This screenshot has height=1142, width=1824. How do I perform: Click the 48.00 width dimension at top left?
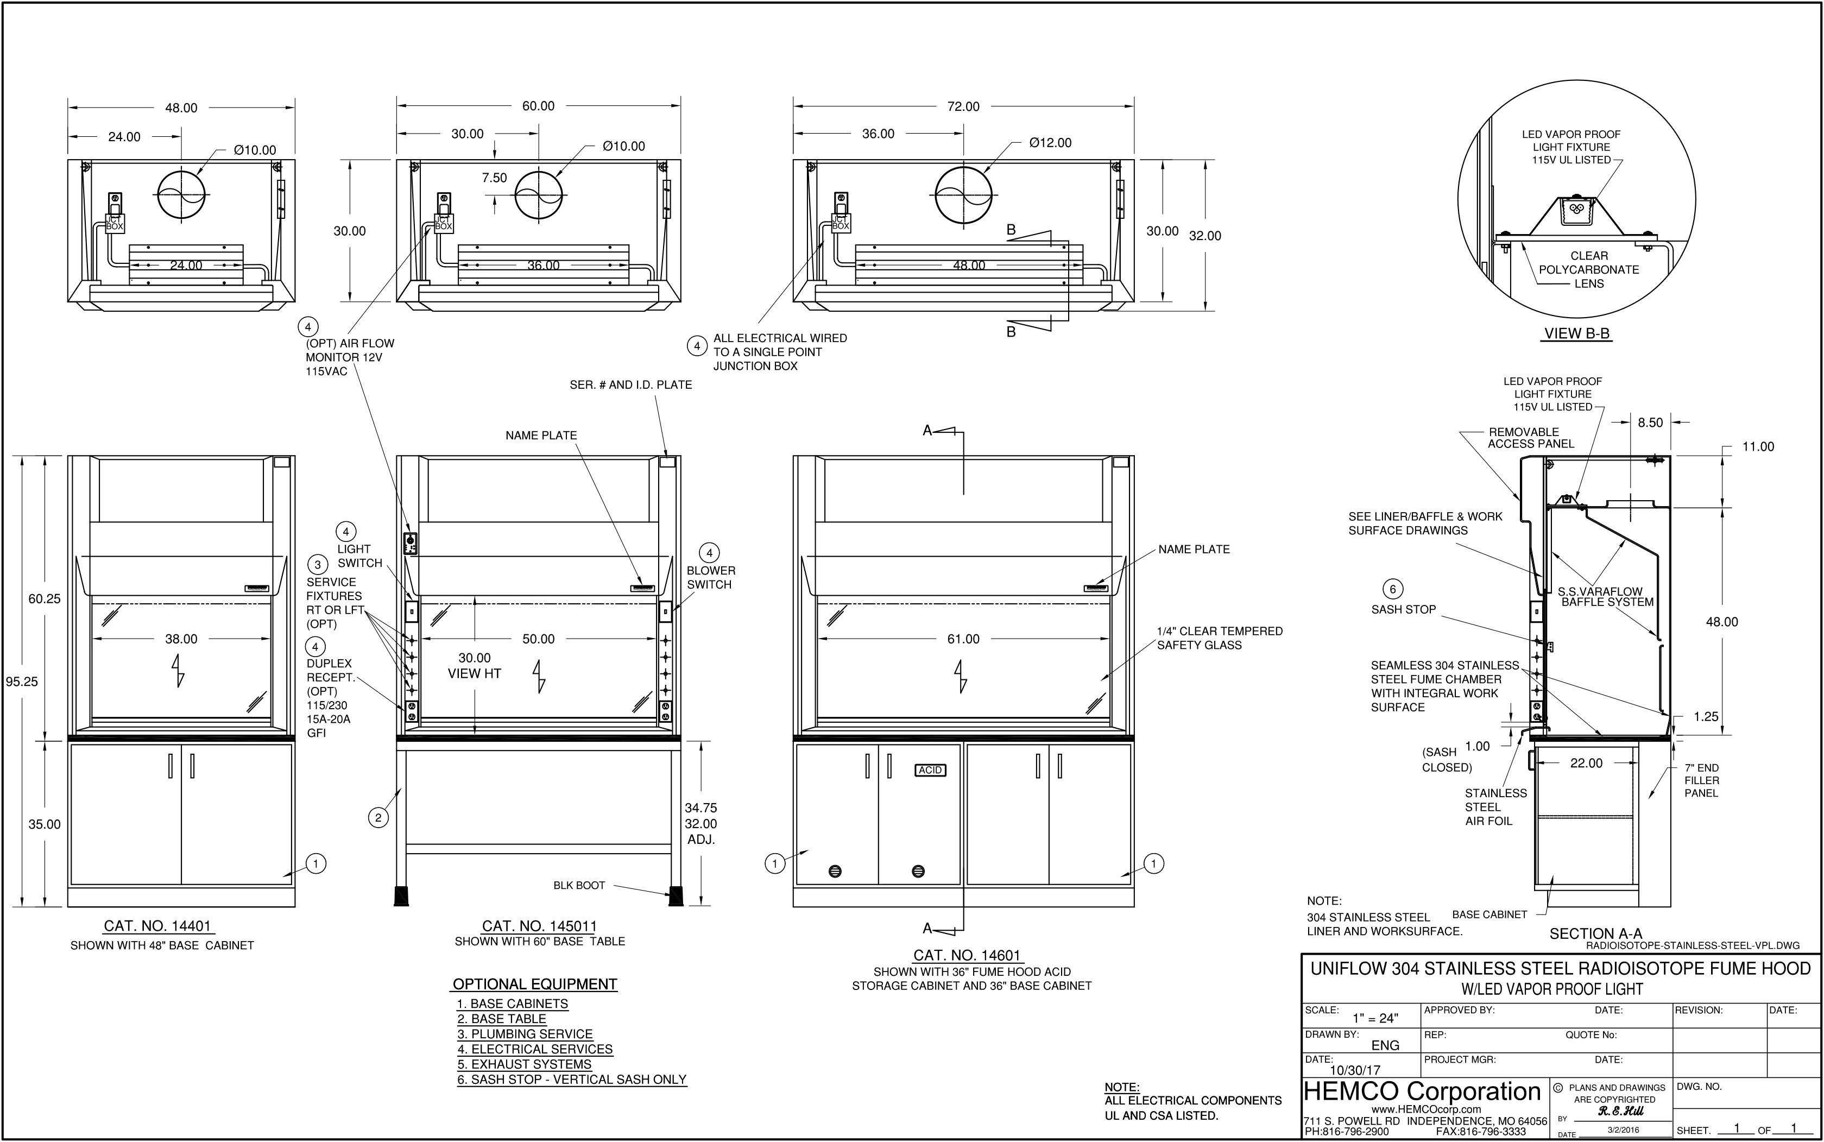[181, 108]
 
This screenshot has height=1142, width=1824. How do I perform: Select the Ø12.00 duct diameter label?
[1050, 143]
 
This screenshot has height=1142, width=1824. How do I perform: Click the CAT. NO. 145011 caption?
[539, 926]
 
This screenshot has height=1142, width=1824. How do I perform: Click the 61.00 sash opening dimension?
[963, 639]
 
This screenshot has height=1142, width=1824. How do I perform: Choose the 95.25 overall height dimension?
[22, 682]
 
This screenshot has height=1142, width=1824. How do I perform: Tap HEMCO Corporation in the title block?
[1422, 1091]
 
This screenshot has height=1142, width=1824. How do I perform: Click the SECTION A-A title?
[1595, 933]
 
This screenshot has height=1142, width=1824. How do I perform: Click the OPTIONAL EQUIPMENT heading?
[535, 984]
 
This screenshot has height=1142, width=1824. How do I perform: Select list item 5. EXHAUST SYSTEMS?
[524, 1064]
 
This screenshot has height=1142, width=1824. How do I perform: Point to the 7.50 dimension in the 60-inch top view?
[495, 178]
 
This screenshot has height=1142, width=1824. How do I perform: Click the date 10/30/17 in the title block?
[1354, 1070]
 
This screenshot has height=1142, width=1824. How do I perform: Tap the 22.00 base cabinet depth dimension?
[1586, 763]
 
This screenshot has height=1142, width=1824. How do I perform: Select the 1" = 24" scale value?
[1375, 1018]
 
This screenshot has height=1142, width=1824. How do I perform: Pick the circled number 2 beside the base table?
[378, 817]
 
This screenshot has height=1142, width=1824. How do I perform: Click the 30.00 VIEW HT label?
[474, 665]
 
